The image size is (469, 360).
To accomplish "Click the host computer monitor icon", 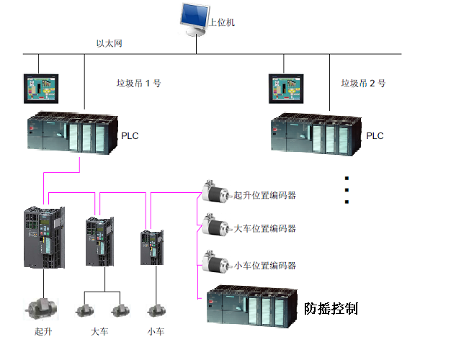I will (191, 19).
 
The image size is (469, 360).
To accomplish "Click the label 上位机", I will (222, 22).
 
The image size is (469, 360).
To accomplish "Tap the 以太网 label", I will (110, 44).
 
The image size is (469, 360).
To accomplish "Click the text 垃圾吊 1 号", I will (138, 84).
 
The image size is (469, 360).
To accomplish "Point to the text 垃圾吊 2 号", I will (363, 84).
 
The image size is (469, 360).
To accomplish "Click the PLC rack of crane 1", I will (71, 134).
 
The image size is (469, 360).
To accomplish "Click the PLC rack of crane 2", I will (316, 135).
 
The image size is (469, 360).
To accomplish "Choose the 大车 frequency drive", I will (99, 242).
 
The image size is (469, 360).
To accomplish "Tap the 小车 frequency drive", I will (150, 249).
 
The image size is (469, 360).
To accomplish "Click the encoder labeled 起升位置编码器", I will (215, 193).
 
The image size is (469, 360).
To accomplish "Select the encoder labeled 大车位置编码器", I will (215, 226).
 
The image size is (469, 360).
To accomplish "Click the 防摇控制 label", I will (331, 308).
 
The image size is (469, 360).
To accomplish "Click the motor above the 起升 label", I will (41, 307).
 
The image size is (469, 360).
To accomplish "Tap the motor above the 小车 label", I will (154, 310).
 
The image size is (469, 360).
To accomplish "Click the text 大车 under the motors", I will (100, 332).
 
